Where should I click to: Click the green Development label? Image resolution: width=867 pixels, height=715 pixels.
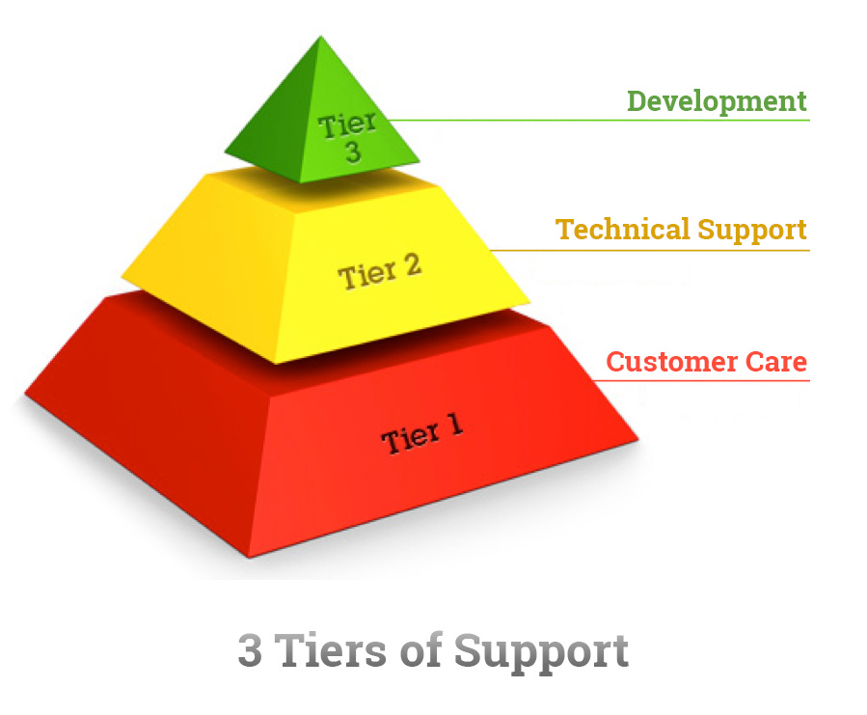point(717,102)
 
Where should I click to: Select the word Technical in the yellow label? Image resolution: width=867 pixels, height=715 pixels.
point(623,229)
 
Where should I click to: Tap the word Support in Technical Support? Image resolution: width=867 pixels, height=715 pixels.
point(752,231)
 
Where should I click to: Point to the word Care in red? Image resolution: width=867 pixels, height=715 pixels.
point(776,362)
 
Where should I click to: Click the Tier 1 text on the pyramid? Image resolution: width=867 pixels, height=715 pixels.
point(421,434)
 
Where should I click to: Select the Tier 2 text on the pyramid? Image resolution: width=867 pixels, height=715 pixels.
point(379,272)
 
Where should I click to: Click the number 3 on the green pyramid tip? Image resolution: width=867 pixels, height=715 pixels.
point(353,151)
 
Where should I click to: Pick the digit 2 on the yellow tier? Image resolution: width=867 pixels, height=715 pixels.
point(412,265)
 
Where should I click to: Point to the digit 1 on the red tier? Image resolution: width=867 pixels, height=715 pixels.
point(455,425)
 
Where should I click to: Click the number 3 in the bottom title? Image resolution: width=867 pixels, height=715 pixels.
point(250,650)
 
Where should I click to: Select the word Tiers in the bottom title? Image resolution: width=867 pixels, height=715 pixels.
point(331,649)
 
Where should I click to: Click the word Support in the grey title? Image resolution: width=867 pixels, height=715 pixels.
point(541,653)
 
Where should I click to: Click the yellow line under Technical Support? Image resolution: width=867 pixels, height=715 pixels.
point(650,250)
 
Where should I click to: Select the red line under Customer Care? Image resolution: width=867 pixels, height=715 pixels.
point(700,381)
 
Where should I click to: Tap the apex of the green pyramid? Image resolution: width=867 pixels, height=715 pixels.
point(320,37)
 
